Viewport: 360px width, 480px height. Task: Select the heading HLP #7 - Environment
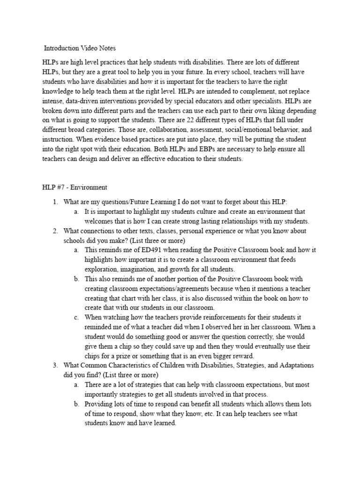(x=75, y=187)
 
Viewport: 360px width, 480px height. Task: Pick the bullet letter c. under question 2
(x=76, y=317)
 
